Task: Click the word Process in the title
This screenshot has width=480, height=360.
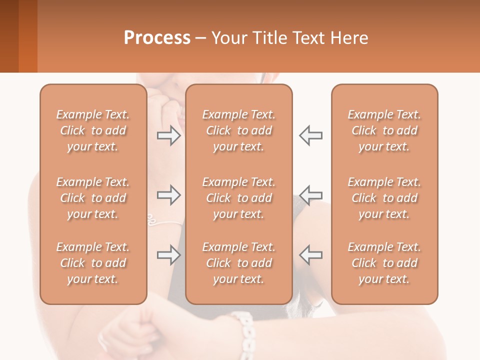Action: [157, 38]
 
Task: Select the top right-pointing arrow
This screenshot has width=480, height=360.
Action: [169, 135]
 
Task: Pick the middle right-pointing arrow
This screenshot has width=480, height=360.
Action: [169, 195]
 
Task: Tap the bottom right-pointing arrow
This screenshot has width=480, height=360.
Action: [169, 255]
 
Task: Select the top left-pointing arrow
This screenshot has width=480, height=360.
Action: [310, 135]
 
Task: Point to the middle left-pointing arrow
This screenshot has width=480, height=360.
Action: [310, 195]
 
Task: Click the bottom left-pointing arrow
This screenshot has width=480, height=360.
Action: [310, 255]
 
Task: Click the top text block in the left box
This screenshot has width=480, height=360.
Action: [93, 130]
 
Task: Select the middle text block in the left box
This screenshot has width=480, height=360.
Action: [93, 198]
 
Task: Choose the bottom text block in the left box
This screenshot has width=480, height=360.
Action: [93, 263]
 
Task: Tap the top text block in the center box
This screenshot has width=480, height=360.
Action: [239, 130]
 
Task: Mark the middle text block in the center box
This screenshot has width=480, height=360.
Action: [239, 198]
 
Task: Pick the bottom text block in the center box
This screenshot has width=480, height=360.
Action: [239, 263]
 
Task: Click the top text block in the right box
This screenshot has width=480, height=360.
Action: [384, 130]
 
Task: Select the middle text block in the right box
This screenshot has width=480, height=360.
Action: [384, 198]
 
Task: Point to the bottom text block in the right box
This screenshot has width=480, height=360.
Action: [384, 263]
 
